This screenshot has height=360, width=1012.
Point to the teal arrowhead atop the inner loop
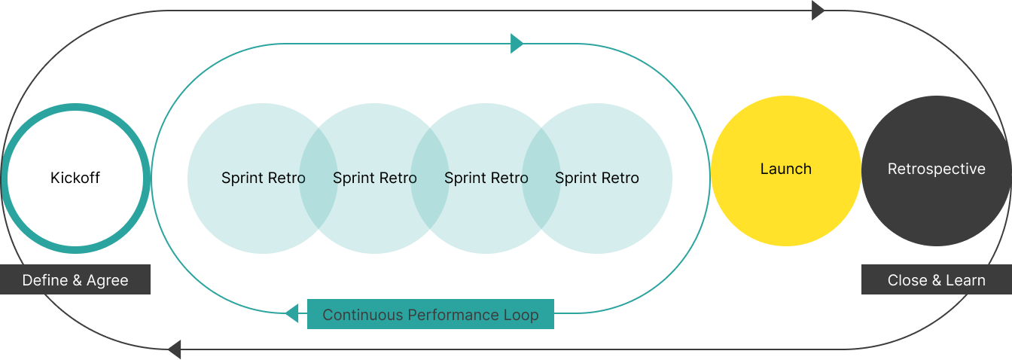517,44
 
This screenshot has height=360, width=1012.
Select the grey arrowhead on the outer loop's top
818,11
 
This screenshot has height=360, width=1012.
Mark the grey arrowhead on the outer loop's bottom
175,349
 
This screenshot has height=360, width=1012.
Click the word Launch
785,169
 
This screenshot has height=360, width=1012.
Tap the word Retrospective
936,169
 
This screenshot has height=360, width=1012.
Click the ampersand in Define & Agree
78,280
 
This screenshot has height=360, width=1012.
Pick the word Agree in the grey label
108,280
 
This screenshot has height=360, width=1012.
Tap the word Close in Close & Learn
907,280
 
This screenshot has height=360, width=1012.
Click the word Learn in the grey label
965,280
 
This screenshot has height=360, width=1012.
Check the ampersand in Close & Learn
935,280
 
